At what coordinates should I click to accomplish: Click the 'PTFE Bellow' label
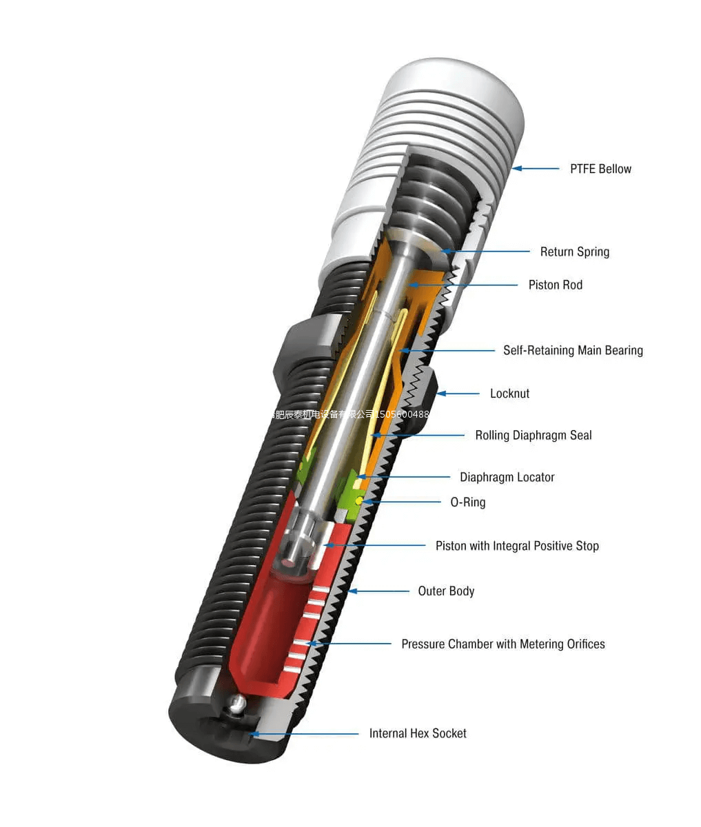[600, 169]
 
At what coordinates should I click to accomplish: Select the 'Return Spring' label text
[574, 252]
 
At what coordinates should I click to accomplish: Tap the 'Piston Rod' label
[555, 285]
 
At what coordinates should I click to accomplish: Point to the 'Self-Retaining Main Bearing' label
[572, 350]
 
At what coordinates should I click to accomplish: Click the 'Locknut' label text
[509, 394]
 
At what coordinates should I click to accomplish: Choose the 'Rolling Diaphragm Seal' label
[533, 435]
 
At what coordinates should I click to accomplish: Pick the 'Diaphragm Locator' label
[507, 477]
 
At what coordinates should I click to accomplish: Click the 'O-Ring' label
[467, 502]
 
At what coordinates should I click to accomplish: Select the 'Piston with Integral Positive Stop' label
[517, 546]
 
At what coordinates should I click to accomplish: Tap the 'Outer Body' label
[446, 591]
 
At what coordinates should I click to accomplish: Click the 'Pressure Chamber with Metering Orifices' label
[502, 644]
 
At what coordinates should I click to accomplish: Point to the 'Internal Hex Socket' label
[418, 733]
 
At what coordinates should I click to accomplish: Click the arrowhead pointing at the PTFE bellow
[516, 168]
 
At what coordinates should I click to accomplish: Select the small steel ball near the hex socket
[237, 704]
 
